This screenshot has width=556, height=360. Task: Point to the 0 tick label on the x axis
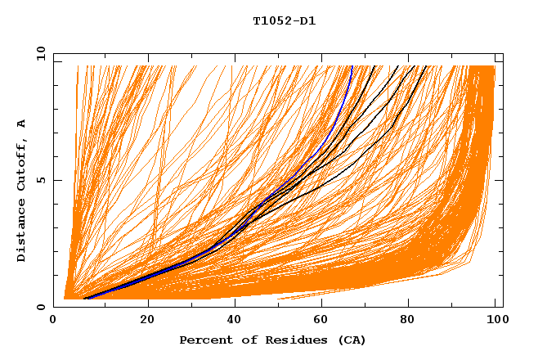[61, 320]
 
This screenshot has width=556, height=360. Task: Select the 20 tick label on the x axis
[147, 320]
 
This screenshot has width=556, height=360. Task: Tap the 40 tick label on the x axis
[234, 320]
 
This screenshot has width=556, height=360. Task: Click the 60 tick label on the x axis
[321, 320]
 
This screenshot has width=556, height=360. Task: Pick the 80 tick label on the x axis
[408, 320]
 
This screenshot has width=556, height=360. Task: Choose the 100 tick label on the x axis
[495, 320]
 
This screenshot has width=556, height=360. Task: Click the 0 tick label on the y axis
[41, 307]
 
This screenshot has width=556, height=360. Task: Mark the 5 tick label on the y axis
[41, 180]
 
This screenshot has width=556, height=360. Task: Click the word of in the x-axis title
[243, 340]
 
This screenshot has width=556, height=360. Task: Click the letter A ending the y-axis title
[21, 123]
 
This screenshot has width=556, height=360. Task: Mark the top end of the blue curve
[352, 66]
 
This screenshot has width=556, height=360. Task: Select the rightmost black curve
[397, 123]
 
